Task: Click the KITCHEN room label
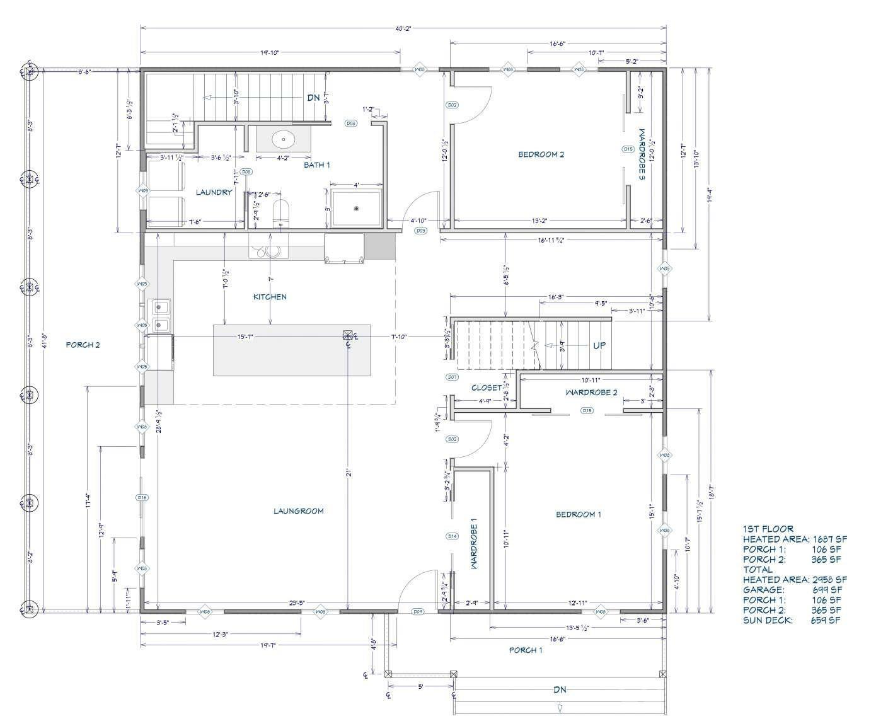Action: [270, 297]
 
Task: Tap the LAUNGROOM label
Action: [298, 511]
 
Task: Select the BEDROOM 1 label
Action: [578, 515]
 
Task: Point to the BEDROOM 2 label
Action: [541, 154]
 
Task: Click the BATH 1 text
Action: [317, 165]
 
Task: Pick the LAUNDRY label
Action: [214, 192]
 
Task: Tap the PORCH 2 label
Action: [83, 345]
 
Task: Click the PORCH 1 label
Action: [526, 650]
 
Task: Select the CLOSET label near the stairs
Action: [487, 388]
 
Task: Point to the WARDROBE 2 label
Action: [591, 393]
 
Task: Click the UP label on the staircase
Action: [599, 346]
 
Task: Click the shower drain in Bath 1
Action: [357, 209]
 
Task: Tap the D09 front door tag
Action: [417, 612]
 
